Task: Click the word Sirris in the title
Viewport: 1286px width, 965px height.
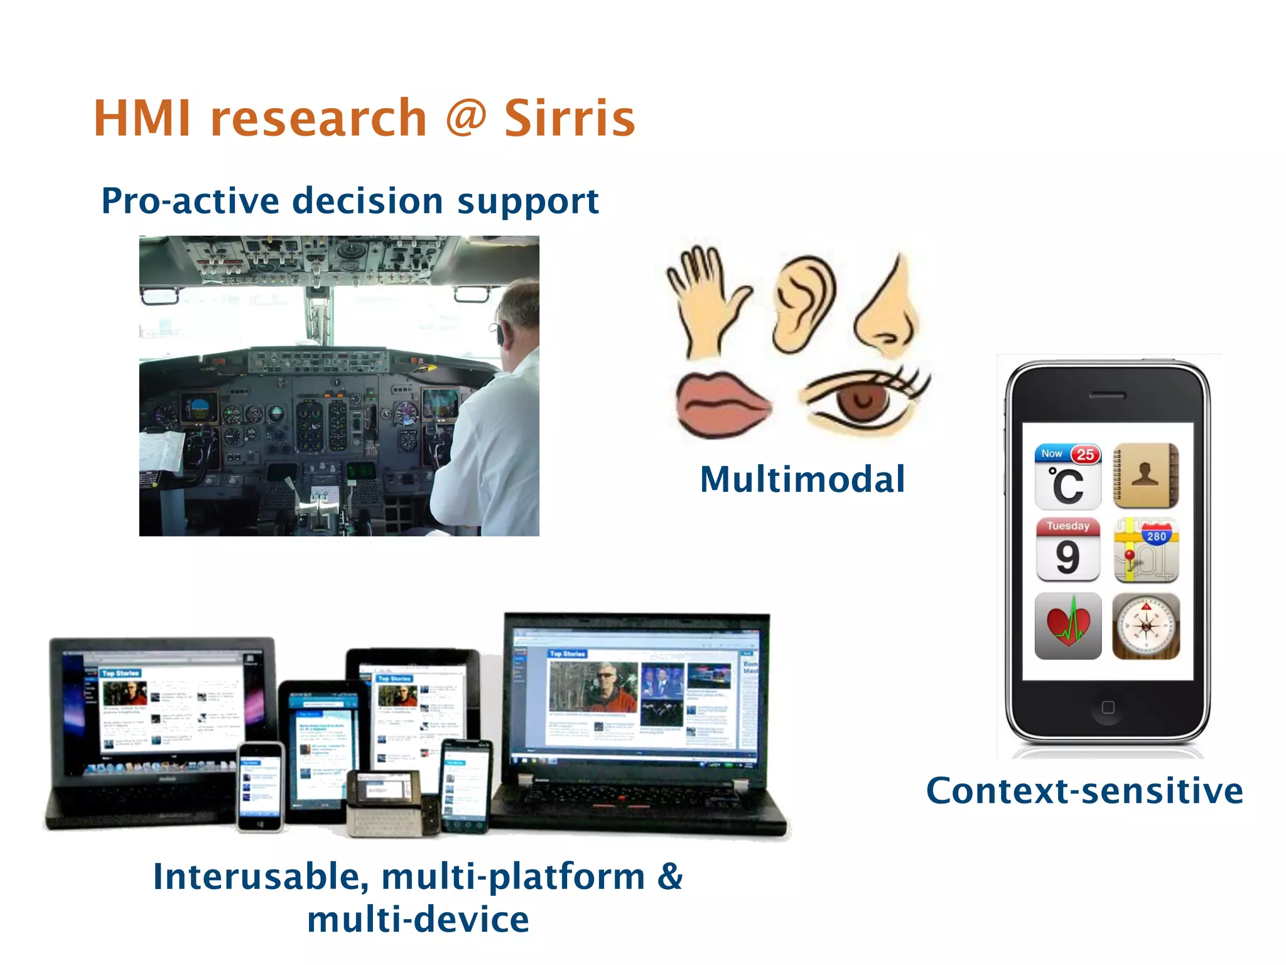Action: [570, 119]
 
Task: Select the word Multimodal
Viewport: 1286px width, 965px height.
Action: [802, 479]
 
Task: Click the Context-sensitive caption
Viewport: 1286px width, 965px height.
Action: [1084, 790]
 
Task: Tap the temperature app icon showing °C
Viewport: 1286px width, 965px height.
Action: [1067, 476]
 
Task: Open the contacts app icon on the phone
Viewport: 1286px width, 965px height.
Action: [1146, 476]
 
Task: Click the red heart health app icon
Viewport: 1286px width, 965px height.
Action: [1067, 626]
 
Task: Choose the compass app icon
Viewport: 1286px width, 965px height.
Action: [1146, 626]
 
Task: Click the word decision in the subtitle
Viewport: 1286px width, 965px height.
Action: [368, 201]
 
